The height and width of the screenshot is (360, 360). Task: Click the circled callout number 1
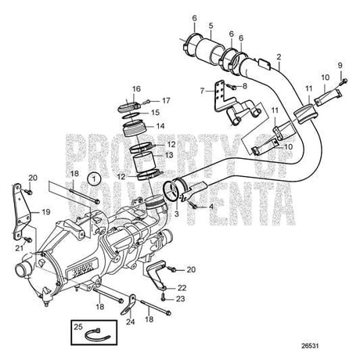pos(95,179)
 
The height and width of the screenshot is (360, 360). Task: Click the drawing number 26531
pos(334,340)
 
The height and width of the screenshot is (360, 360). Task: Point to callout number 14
pos(160,125)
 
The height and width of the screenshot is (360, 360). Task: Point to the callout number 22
pos(182,289)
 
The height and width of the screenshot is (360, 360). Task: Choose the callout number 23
pos(182,298)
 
